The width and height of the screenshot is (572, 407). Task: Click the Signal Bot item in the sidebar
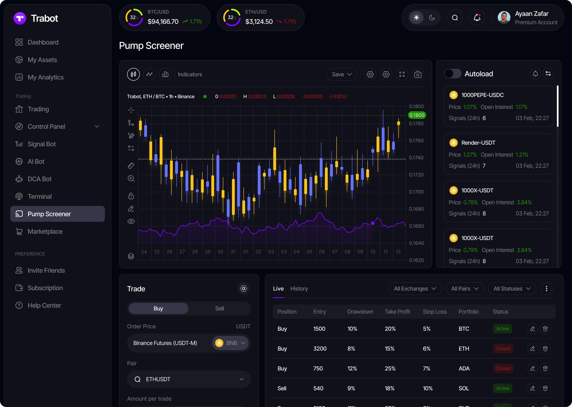point(41,144)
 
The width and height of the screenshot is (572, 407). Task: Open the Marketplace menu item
point(45,231)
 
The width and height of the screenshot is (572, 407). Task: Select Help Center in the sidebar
point(44,305)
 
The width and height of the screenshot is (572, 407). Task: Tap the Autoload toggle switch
point(452,74)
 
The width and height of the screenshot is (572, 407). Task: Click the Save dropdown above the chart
point(342,74)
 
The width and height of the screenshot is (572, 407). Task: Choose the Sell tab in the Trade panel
point(219,308)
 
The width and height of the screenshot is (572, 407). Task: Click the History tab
point(299,289)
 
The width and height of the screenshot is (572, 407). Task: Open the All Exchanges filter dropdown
point(415,289)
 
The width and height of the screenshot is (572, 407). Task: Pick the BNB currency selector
point(230,343)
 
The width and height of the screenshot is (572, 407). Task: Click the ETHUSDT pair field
point(189,379)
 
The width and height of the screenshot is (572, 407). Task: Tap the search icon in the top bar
point(455,17)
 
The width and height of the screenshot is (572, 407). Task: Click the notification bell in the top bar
point(477,17)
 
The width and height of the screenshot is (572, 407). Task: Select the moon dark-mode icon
point(432,17)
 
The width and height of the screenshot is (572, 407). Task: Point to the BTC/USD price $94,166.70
point(163,21)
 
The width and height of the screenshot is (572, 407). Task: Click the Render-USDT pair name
point(478,143)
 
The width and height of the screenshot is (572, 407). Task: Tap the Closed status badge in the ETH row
point(503,349)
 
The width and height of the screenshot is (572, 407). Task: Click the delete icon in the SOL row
point(545,388)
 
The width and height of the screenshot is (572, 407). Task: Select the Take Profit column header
point(397,312)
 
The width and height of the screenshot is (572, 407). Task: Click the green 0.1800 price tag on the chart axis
point(417,115)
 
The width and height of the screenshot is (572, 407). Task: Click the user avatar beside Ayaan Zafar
point(504,17)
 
